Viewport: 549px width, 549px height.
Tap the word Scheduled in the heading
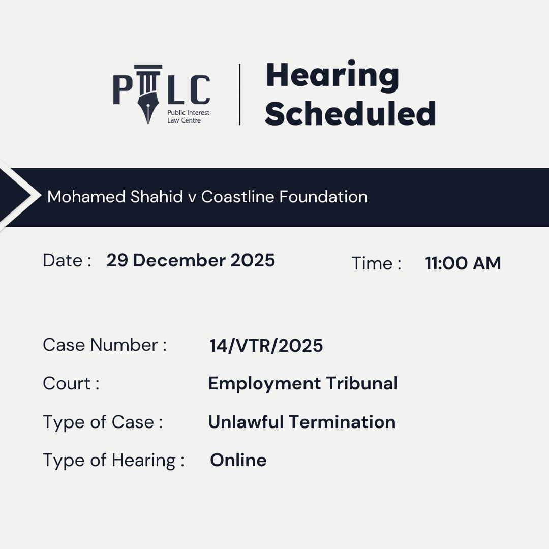click(x=350, y=113)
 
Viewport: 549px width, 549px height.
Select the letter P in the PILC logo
click(x=123, y=90)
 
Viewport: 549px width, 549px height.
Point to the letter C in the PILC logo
click(x=200, y=90)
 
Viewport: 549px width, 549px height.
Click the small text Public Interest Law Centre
click(x=188, y=116)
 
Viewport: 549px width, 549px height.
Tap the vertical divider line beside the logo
click(x=240, y=95)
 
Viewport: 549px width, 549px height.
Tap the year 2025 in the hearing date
click(x=253, y=260)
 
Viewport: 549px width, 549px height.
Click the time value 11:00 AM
click(x=463, y=263)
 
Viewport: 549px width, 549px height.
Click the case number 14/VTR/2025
click(x=266, y=346)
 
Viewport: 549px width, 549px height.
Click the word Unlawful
click(x=246, y=422)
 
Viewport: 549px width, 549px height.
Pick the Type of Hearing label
click(x=113, y=460)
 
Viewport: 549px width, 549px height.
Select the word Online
click(x=238, y=460)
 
